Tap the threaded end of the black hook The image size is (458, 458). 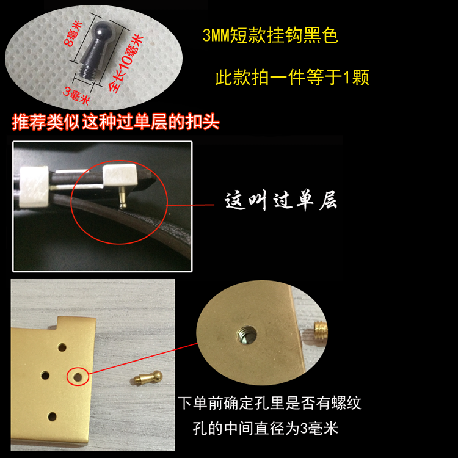tap(89, 70)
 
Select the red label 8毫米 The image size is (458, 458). tap(73, 34)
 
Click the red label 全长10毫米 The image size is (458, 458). tap(126, 62)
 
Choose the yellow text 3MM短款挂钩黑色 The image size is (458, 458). tap(270, 35)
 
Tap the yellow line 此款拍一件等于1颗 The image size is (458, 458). tap(292, 78)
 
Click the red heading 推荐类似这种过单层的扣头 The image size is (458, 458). tap(115, 122)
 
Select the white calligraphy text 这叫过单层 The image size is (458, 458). tap(281, 201)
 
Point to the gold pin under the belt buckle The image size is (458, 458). tap(122, 197)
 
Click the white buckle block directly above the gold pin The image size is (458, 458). tap(120, 175)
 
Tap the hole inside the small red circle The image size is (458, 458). tap(78, 377)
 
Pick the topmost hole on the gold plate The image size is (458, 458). tap(62, 347)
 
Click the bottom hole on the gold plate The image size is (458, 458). tap(53, 416)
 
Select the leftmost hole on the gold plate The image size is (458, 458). tap(45, 375)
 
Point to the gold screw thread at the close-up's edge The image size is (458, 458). tap(321, 330)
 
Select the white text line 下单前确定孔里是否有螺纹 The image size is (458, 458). tap(269, 404)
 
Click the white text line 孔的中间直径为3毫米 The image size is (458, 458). tap(265, 429)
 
